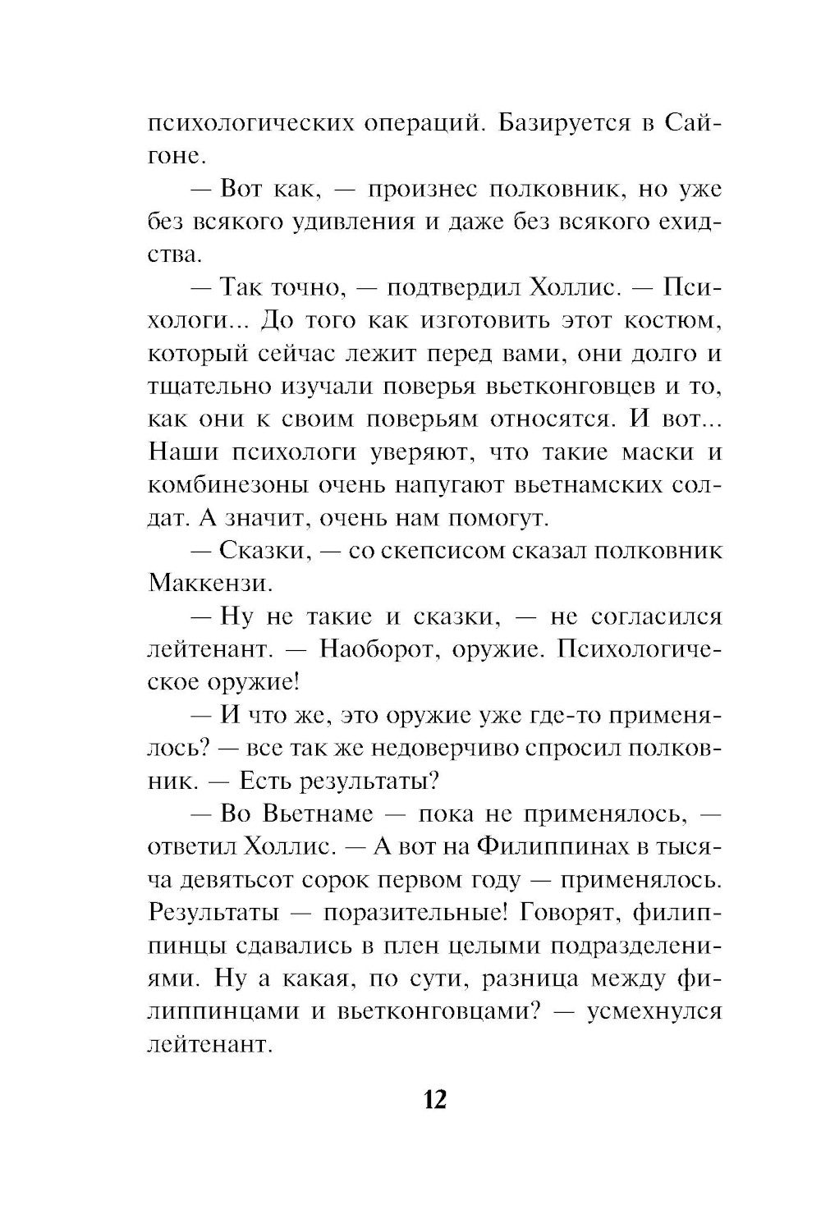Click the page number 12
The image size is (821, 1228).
(x=435, y=1099)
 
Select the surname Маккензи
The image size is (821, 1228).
(x=210, y=584)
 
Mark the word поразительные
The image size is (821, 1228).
(x=408, y=913)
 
